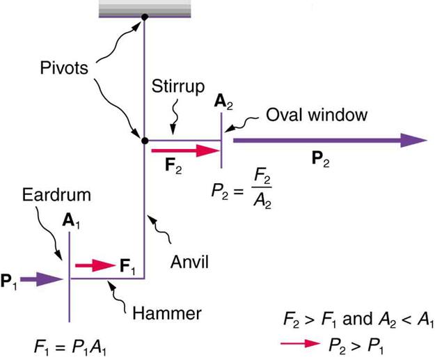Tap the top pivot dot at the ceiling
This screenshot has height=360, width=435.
pyautogui.click(x=144, y=17)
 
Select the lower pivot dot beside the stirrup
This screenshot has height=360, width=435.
pyautogui.click(x=144, y=140)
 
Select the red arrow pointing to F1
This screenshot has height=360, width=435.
pyautogui.click(x=95, y=265)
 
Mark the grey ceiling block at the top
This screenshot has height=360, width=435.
pyautogui.click(x=144, y=8)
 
